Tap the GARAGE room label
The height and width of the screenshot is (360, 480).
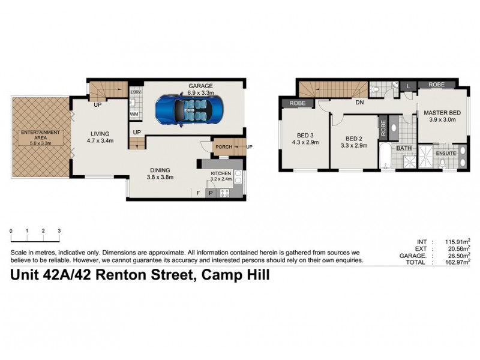(x=200, y=86)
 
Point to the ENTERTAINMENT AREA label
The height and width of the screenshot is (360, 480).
(x=40, y=134)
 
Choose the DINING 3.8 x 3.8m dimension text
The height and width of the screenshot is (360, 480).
(x=160, y=177)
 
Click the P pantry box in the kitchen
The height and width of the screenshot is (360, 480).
(x=211, y=193)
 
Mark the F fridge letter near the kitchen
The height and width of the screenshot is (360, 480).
(x=198, y=193)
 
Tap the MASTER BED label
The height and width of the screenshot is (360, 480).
(x=442, y=113)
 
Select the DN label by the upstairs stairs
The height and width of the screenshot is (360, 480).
(x=360, y=103)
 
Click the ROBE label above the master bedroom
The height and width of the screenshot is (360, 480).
(x=436, y=85)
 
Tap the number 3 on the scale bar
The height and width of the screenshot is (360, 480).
(x=59, y=230)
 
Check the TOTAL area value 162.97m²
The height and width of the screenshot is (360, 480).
(x=455, y=262)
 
